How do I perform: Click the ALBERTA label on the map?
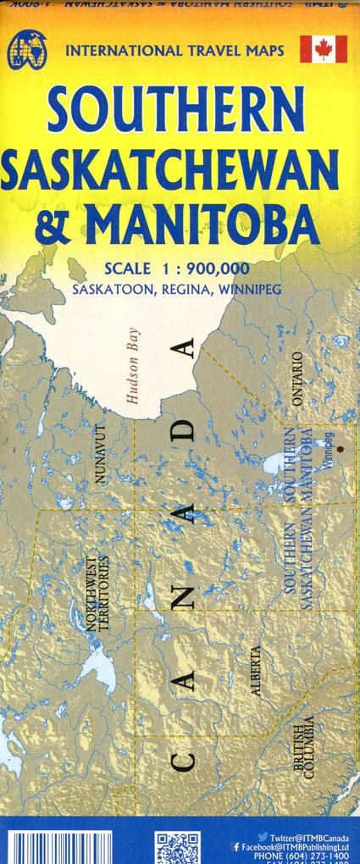click(255, 670)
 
